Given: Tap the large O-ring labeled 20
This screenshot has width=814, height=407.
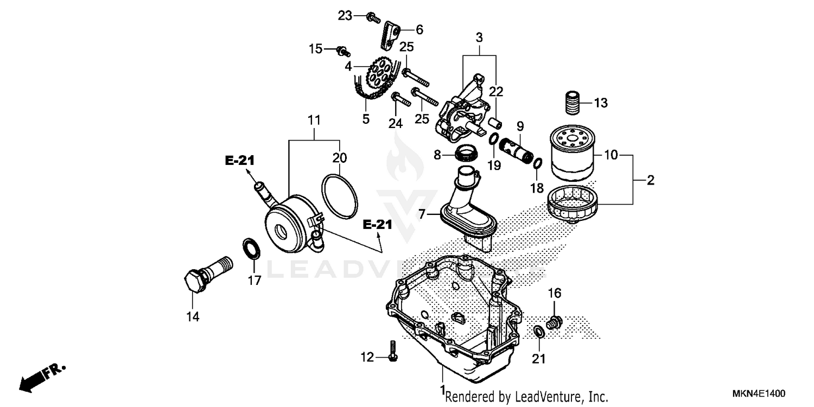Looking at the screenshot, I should [x=340, y=196].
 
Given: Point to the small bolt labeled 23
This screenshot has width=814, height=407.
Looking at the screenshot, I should [x=373, y=17].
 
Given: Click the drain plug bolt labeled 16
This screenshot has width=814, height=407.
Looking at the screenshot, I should [x=555, y=322].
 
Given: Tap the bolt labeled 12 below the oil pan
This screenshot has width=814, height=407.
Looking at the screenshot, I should [x=393, y=352].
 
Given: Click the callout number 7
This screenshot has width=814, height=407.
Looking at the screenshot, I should [x=422, y=214].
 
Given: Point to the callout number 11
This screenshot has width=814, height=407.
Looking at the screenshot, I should [x=315, y=119].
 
